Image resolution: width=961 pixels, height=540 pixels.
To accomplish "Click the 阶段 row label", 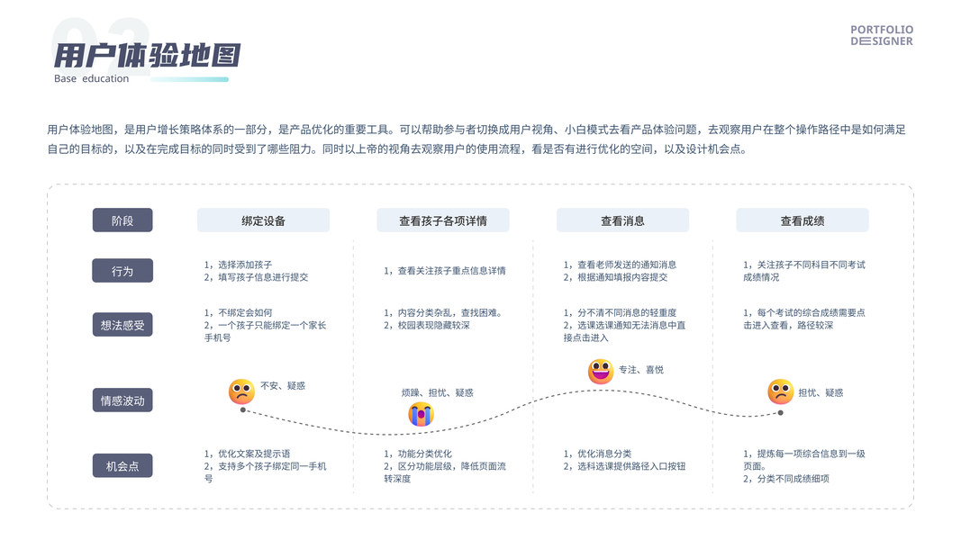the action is coord(122,220).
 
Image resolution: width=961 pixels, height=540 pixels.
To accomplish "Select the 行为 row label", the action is coord(122,271).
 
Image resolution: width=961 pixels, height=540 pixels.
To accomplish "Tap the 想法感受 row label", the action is coord(122,325).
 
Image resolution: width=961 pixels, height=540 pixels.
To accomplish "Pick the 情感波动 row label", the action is coord(122,400).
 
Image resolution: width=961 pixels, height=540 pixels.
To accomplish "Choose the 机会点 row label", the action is coord(122,466).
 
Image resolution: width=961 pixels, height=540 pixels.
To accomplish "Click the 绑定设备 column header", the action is coord(263,220).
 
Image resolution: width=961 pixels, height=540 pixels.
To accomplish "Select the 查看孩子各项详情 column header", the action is coord(442,220).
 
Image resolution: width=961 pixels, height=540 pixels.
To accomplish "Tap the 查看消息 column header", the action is coord(622,220).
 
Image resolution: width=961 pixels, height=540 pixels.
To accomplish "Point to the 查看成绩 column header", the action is coord(802,220).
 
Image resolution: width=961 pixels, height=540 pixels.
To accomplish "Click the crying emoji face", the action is coord(421,414).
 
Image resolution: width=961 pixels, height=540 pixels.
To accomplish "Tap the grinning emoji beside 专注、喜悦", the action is coord(601,372).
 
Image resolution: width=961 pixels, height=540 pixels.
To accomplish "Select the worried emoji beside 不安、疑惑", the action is coord(241,391).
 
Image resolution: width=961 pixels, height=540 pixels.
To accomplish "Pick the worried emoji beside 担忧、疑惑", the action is coord(780,391).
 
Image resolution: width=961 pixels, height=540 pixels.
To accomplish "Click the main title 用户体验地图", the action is coord(147,56).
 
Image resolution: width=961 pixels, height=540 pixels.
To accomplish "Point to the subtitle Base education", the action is coord(91,79).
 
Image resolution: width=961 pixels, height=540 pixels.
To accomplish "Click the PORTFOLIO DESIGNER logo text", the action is coord(882,35).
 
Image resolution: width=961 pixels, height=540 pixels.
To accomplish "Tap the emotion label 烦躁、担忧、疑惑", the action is coord(437,392).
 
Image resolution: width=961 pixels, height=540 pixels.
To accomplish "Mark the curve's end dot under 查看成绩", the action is coord(780,413).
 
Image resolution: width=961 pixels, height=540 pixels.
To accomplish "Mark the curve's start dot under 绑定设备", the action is coord(243,410).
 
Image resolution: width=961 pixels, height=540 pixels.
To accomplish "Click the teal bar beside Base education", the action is coord(189,79).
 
